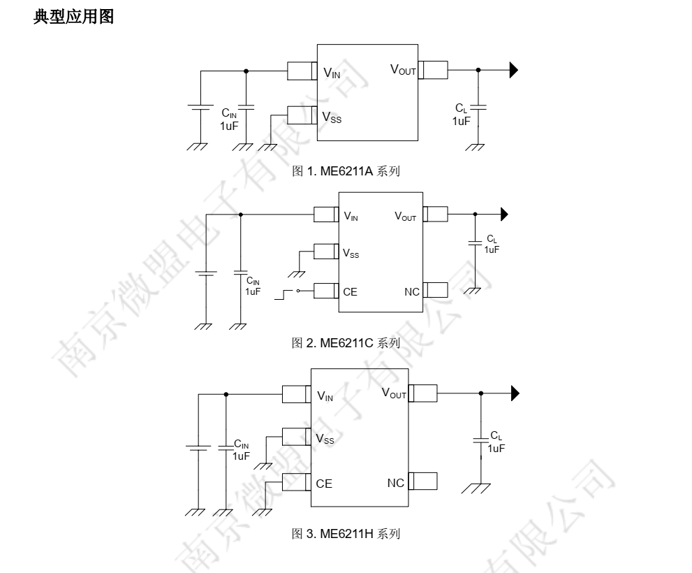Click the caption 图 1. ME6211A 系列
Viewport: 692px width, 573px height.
(346, 171)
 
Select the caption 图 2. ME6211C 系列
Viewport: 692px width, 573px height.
(346, 342)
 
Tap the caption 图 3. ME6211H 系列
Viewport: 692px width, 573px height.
(346, 535)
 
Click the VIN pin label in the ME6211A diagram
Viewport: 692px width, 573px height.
(332, 72)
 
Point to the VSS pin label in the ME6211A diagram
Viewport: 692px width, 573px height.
(332, 117)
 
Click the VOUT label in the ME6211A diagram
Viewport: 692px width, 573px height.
(403, 69)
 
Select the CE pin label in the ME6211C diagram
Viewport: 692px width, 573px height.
(350, 291)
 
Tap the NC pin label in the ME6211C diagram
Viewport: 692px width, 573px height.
(412, 291)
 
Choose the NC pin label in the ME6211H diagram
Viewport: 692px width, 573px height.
(395, 483)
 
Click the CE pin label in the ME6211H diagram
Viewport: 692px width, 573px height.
(324, 484)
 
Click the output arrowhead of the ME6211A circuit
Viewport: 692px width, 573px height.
(514, 70)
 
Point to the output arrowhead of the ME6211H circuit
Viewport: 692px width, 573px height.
(515, 394)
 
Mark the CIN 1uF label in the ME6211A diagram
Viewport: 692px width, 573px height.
(230, 119)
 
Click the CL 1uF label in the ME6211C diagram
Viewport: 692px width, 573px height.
(492, 245)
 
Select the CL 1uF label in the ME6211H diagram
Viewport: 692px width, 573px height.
(496, 442)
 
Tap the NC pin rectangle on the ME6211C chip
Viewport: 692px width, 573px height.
(435, 290)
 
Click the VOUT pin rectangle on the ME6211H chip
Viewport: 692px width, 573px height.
(423, 393)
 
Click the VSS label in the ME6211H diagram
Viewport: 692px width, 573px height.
(325, 440)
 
